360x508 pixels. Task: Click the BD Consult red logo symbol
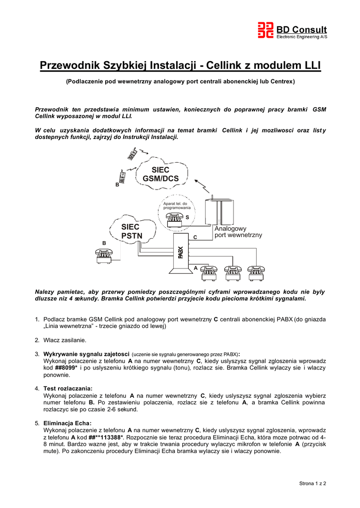click(265, 30)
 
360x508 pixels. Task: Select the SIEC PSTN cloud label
click(131, 231)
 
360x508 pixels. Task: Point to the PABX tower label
click(181, 252)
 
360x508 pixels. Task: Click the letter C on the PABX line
click(195, 238)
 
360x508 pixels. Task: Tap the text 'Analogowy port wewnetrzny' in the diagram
click(238, 232)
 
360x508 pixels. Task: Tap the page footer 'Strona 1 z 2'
click(312, 483)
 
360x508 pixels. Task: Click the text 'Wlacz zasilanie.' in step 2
click(65, 340)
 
